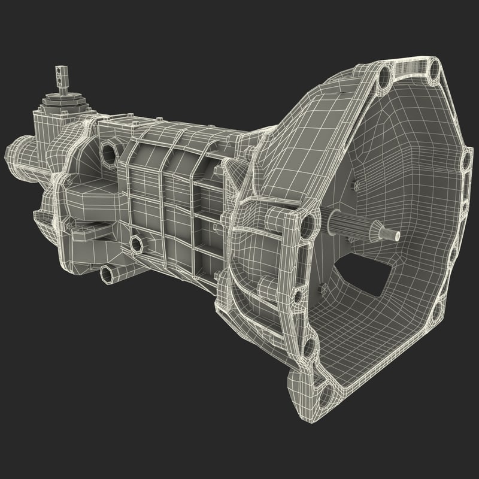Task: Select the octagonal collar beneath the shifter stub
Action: coord(60,96)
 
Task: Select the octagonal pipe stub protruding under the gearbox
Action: coord(108,272)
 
